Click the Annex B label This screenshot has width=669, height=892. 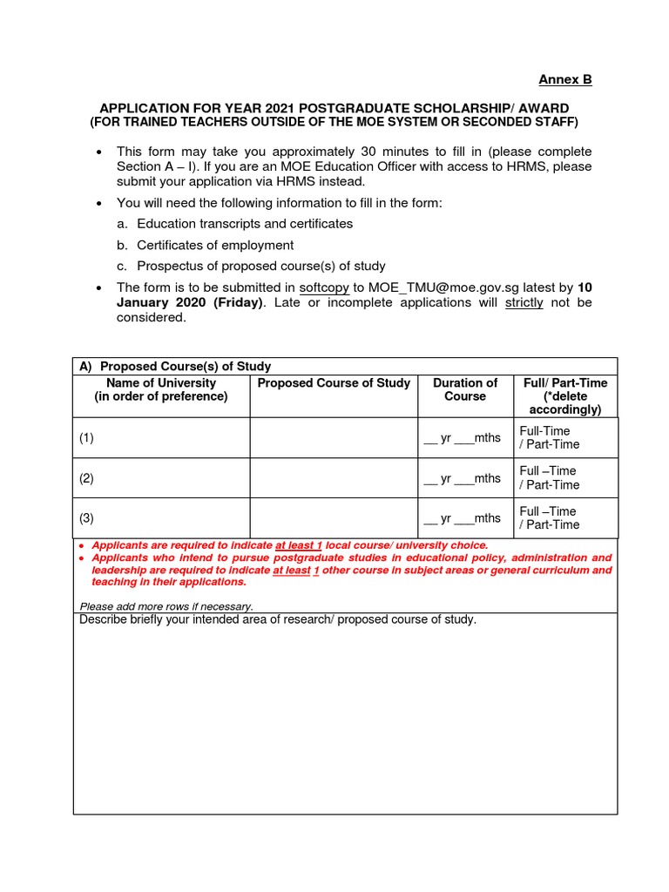coord(564,79)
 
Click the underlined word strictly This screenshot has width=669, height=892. coord(524,302)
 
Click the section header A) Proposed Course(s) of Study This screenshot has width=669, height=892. coord(175,367)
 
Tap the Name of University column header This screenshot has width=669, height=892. coord(161,389)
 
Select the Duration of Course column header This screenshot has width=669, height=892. coord(465,389)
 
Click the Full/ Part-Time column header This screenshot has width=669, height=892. coord(565,395)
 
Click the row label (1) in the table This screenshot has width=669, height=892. coord(86,438)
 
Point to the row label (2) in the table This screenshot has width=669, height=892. coord(86,478)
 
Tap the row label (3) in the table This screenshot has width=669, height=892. coord(86,518)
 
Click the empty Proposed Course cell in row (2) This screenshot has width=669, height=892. coord(334,478)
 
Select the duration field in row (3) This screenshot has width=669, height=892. coord(462,518)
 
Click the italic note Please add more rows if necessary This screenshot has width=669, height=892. coord(166,606)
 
